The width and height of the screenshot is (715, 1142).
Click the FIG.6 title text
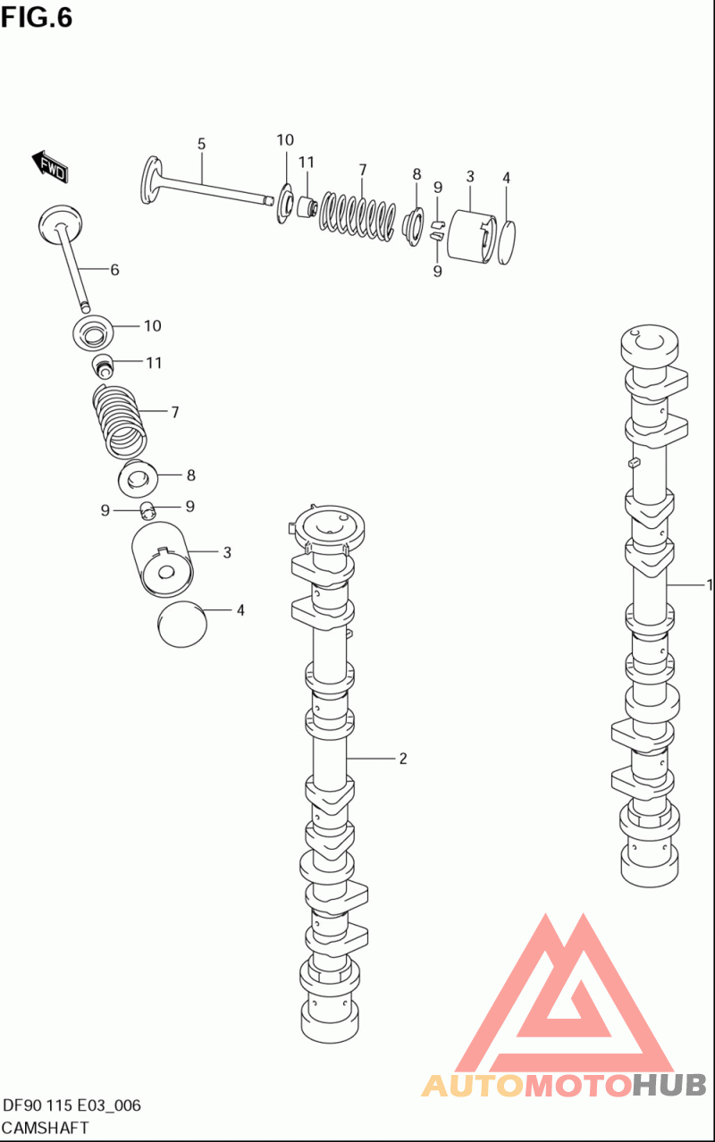[37, 18]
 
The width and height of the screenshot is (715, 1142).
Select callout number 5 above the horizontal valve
[201, 144]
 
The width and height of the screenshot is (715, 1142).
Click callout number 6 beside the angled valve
[114, 270]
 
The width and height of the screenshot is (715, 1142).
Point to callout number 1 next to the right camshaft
[710, 584]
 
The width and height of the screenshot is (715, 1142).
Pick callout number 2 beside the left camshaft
[403, 759]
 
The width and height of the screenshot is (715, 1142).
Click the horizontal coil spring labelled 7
[358, 216]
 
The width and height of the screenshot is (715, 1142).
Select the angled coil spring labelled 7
[120, 421]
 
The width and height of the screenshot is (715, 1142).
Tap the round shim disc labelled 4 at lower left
[182, 625]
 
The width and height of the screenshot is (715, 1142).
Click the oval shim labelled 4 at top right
[506, 242]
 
